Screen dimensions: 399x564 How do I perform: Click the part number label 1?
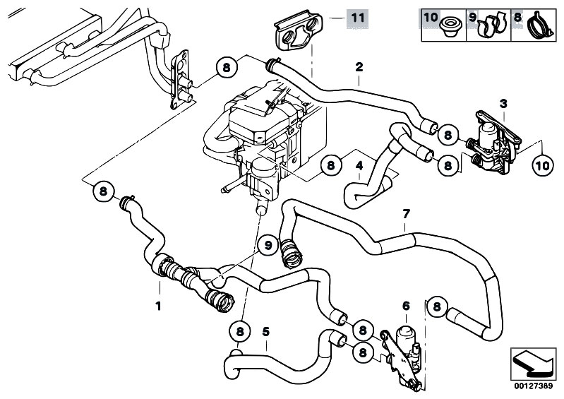(x=159, y=306)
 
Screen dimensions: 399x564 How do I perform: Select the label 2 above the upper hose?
(x=359, y=68)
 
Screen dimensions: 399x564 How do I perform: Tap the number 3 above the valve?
(x=503, y=105)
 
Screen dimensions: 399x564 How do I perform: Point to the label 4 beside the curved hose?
(x=360, y=167)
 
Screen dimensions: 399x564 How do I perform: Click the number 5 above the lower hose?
(x=265, y=329)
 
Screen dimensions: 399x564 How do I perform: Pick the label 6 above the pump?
(x=406, y=305)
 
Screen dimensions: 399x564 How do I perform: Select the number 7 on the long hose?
(x=405, y=213)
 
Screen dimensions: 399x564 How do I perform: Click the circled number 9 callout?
(x=268, y=246)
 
